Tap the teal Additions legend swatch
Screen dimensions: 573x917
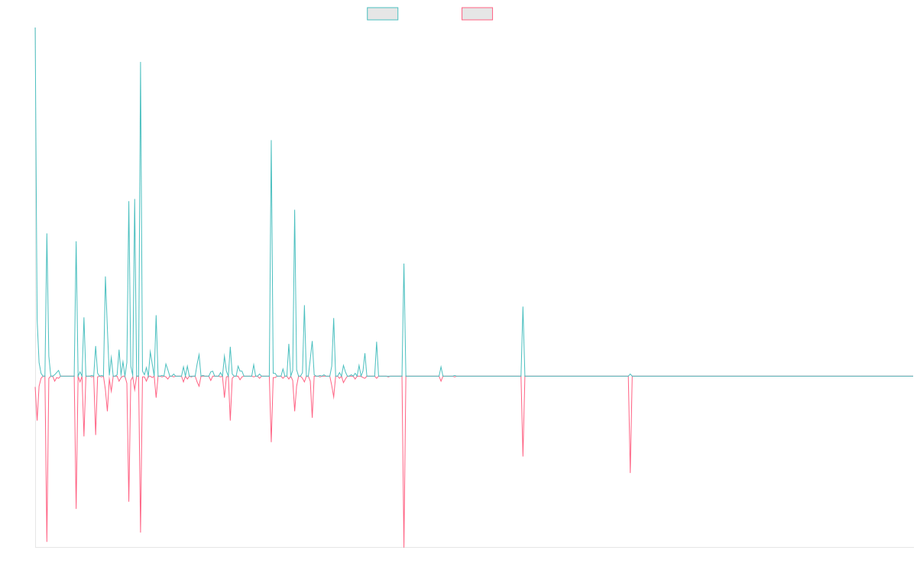[x=383, y=14]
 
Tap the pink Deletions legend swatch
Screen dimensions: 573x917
[x=477, y=14]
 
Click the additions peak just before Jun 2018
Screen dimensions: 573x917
[x=141, y=63]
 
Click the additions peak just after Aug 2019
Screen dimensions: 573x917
[x=271, y=141]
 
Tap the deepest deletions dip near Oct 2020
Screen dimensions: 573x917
[x=403, y=545]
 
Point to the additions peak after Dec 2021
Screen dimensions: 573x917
[x=523, y=308]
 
